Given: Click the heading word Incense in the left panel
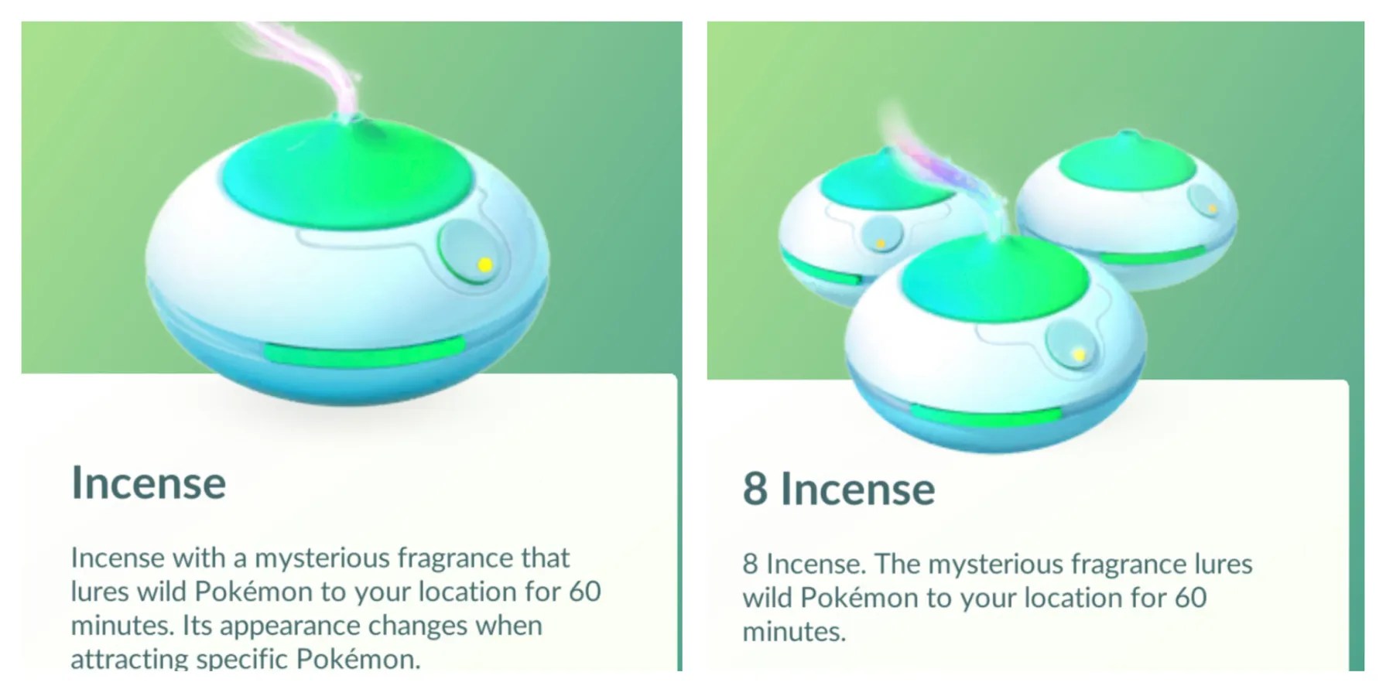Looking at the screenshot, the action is (149, 483).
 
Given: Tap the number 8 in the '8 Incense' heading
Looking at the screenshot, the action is (755, 489).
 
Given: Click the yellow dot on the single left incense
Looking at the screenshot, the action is (485, 265).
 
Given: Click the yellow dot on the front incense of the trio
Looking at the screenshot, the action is (1079, 354).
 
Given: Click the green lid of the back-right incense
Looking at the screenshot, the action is (1122, 167).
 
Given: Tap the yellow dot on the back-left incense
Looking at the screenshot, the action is (880, 244).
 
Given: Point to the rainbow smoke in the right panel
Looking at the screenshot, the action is (940, 166).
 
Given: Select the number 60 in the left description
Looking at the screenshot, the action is (585, 592).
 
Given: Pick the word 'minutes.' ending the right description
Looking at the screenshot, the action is (794, 632).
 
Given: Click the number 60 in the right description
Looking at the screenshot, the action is (1190, 598).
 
